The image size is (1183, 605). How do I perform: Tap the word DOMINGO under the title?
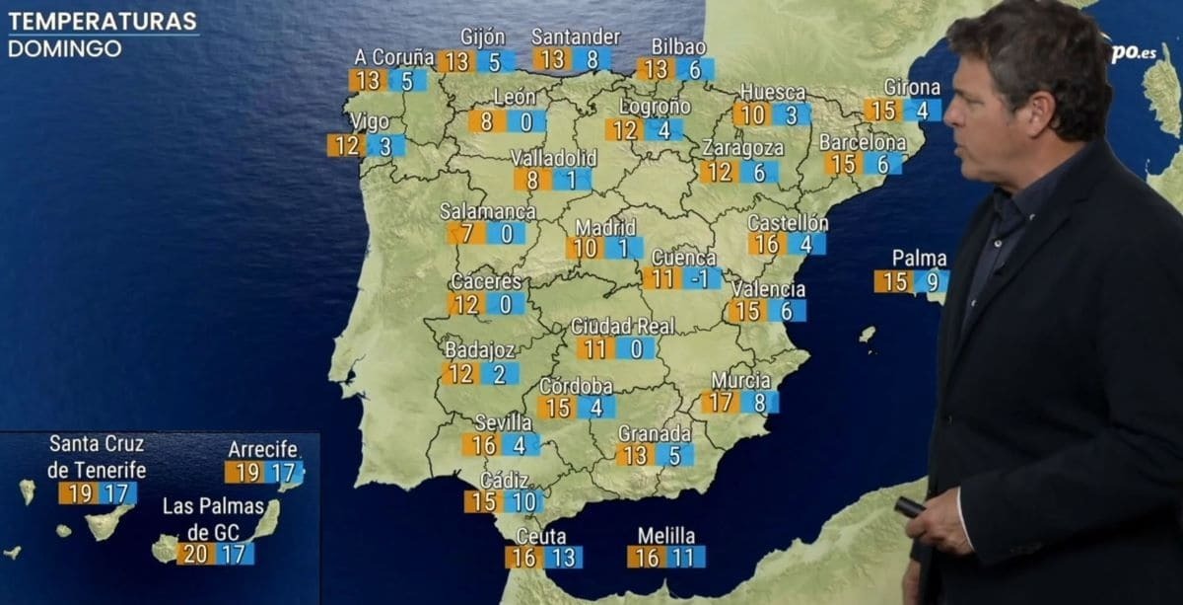65,48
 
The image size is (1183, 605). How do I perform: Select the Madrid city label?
605,227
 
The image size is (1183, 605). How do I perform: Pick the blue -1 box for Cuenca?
701,278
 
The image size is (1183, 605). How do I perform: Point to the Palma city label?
919,259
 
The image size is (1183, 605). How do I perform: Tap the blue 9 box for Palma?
931,282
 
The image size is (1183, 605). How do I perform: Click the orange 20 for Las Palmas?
196,554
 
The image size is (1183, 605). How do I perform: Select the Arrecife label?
263,450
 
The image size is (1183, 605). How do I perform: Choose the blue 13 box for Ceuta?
563,558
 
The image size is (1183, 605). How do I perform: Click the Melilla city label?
665,536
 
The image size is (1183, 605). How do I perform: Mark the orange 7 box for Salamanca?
466,234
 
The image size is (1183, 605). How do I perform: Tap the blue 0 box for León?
526,121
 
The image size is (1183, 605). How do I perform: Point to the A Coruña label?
394,57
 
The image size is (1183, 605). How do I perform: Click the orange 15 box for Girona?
883,111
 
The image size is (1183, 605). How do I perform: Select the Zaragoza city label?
742,148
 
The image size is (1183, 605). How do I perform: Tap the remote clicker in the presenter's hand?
909,507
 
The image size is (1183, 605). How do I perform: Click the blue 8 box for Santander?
591,59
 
